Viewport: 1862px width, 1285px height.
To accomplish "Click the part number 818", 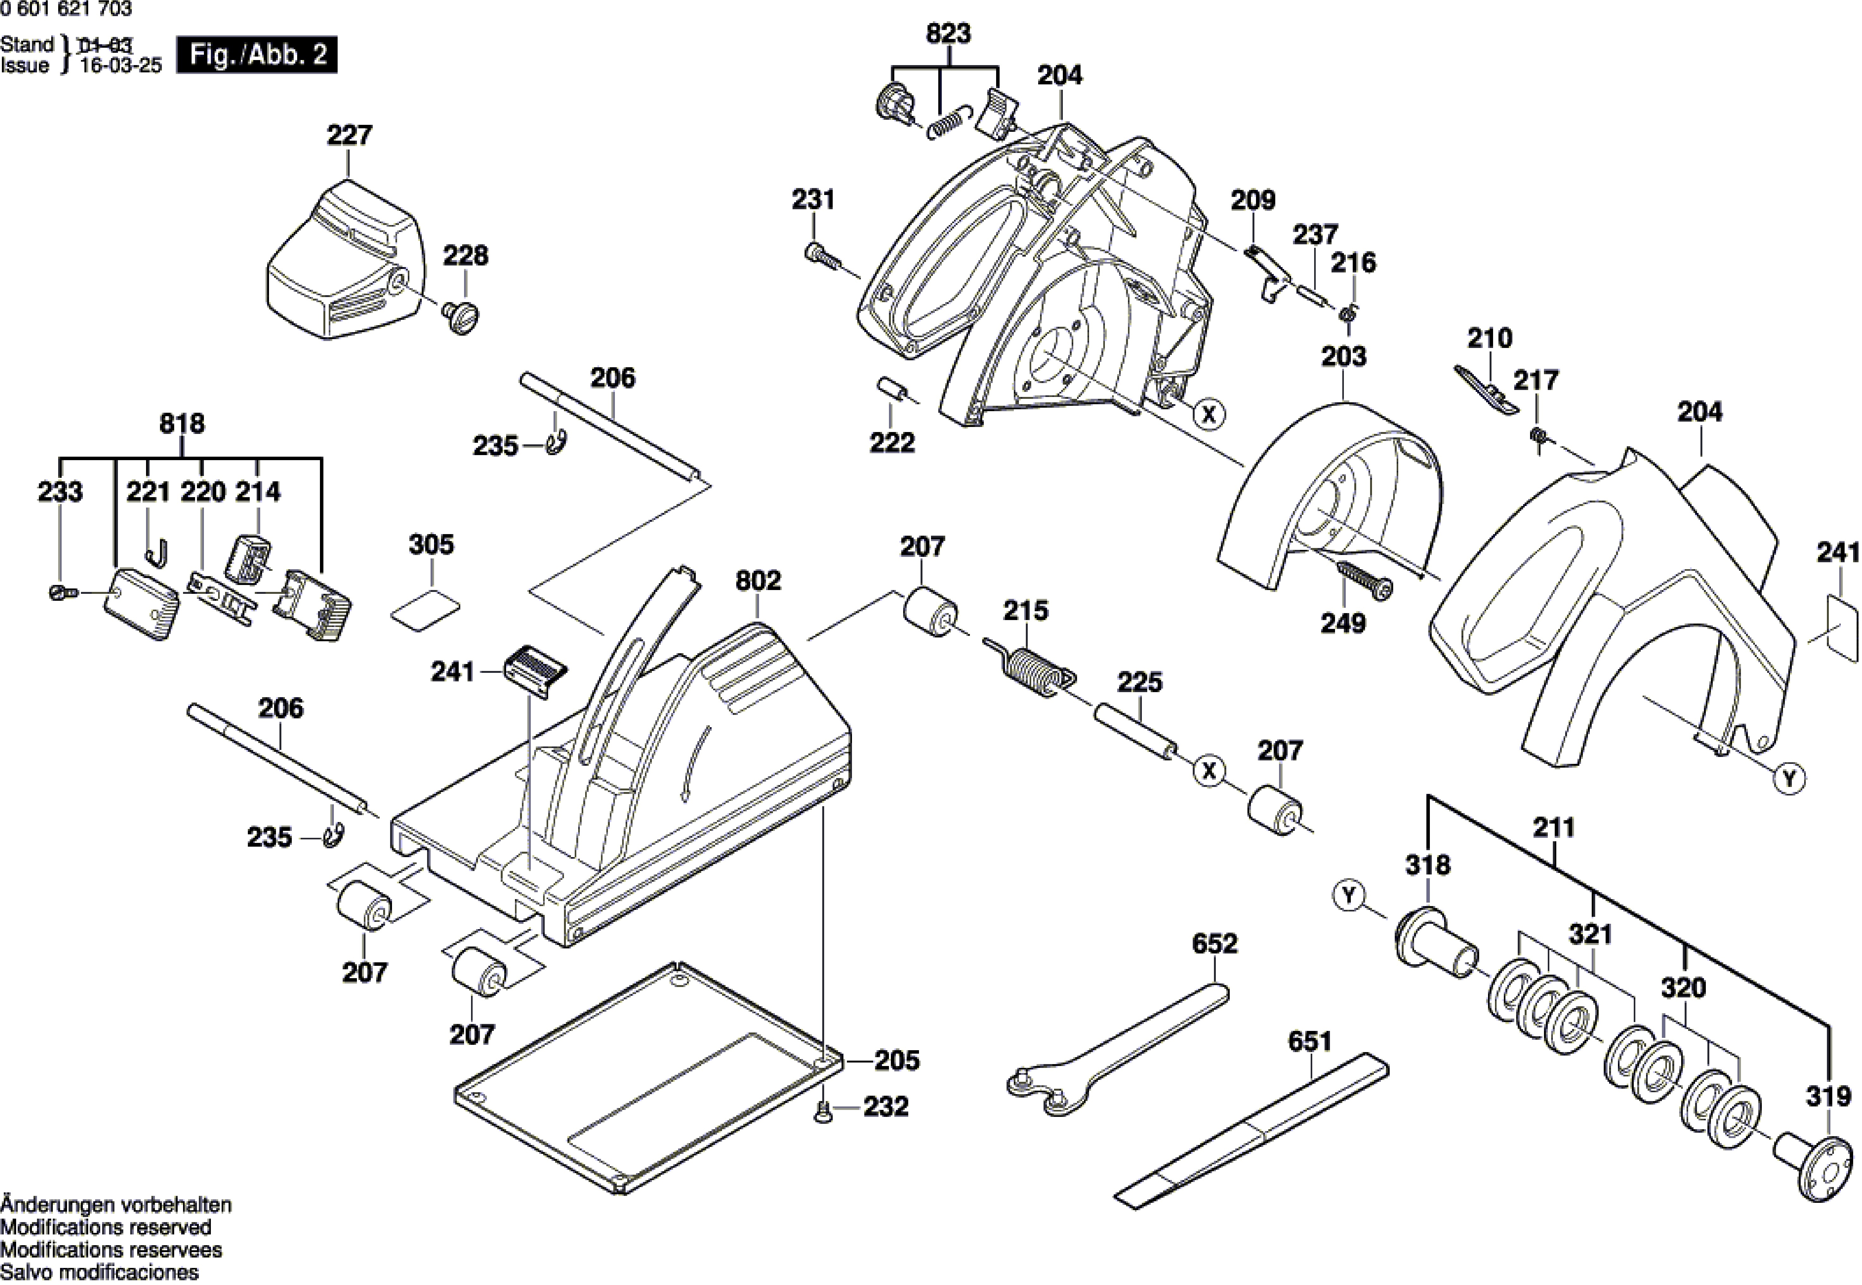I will coord(182,423).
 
